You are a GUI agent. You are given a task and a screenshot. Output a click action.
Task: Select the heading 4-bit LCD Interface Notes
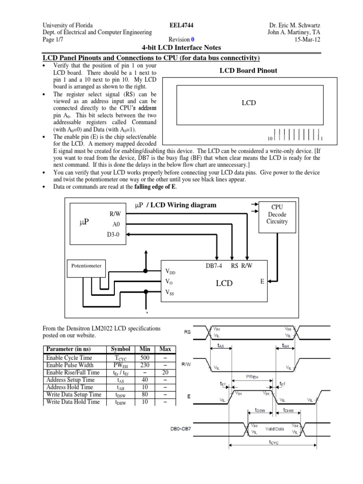coord(181,48)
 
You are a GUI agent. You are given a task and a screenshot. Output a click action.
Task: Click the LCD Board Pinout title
coord(248,70)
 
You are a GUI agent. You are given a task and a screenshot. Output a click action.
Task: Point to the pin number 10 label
coord(270,139)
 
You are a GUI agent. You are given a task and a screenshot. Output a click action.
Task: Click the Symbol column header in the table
coord(121,349)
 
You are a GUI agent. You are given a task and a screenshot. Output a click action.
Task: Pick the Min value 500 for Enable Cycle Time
coord(145,358)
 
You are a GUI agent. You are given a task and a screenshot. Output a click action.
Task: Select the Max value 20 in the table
coord(165,372)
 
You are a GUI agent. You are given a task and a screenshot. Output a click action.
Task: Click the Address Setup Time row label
coord(69,380)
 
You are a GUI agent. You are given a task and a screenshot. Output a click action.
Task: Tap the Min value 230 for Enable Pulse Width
coord(145,365)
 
